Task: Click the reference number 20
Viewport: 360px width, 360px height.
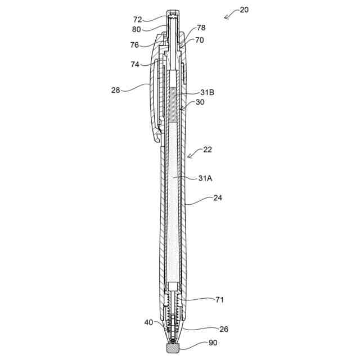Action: pos(244,10)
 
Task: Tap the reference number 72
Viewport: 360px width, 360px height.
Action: pos(138,20)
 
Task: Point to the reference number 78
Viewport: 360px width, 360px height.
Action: pos(201,28)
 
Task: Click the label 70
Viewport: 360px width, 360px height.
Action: pos(200,40)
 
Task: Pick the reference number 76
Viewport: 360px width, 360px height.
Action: pos(135,45)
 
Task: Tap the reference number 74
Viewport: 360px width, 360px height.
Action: pos(135,65)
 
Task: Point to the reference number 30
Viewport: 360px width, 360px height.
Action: pos(200,102)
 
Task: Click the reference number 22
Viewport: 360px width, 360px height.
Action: pos(208,150)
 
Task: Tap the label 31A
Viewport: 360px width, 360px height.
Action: pos(205,178)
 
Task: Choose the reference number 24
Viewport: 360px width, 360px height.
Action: pos(218,198)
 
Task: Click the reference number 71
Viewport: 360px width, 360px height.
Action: pos(219,300)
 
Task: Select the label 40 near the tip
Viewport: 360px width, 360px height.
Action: pos(148,322)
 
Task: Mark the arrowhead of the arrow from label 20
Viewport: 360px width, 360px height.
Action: pos(225,17)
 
